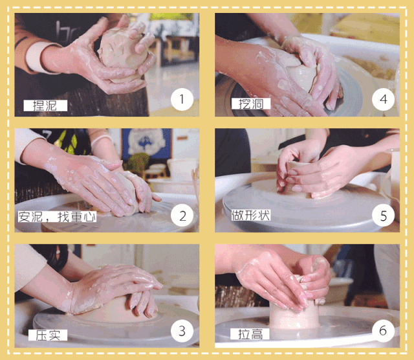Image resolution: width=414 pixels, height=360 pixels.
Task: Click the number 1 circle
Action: point(182,99)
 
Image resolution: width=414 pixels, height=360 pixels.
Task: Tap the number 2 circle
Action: point(182,216)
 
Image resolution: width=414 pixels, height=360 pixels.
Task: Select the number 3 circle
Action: point(182,331)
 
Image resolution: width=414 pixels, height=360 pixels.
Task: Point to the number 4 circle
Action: point(384,99)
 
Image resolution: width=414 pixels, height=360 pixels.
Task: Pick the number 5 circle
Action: point(384,216)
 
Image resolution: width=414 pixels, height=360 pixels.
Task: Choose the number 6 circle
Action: point(384,331)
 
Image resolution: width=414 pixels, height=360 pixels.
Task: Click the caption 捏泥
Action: point(45,106)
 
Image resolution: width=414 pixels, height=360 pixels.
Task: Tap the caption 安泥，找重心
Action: point(57,217)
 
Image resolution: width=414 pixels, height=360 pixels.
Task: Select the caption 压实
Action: point(48,335)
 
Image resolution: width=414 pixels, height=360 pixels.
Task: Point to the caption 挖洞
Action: point(251,104)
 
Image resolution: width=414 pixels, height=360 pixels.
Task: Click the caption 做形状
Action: point(251,215)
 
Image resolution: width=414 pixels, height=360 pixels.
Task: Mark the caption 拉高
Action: point(250,334)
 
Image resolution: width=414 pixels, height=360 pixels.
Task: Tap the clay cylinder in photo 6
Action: point(295,316)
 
